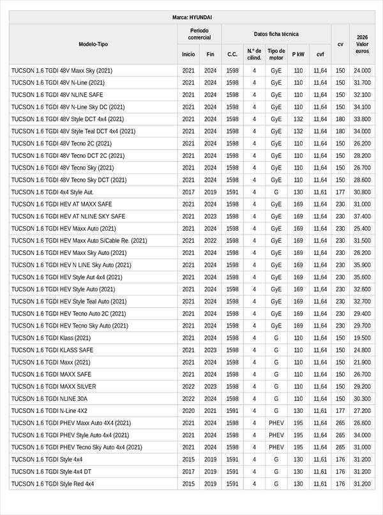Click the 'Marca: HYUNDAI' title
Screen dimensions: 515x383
tap(192, 17)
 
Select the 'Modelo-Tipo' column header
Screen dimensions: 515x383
tap(93, 45)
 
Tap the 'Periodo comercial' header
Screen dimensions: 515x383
tap(199, 34)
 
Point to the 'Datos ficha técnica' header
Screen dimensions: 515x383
tap(276, 34)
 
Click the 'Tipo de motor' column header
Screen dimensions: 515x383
tap(276, 54)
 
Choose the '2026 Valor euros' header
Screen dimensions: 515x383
tap(362, 45)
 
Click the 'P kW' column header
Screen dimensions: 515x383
tap(298, 54)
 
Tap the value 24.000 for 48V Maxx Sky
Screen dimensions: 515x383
tap(362, 71)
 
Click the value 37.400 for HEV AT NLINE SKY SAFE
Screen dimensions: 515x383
tap(362, 217)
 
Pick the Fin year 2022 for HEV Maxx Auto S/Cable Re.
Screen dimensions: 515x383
tap(210, 241)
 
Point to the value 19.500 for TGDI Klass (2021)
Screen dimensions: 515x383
tap(362, 338)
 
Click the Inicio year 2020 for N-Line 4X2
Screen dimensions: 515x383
tap(188, 411)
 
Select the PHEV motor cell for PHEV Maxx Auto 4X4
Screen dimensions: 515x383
tap(276, 423)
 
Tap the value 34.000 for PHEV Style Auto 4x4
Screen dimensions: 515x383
tap(362, 435)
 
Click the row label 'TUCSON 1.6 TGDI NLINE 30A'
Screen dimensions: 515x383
tap(49, 399)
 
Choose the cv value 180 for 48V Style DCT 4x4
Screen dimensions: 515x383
tap(340, 119)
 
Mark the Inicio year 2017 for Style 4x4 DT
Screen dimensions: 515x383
tap(188, 472)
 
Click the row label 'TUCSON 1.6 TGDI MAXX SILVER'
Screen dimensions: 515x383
tap(54, 387)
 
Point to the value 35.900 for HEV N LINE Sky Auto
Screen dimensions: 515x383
tap(362, 265)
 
